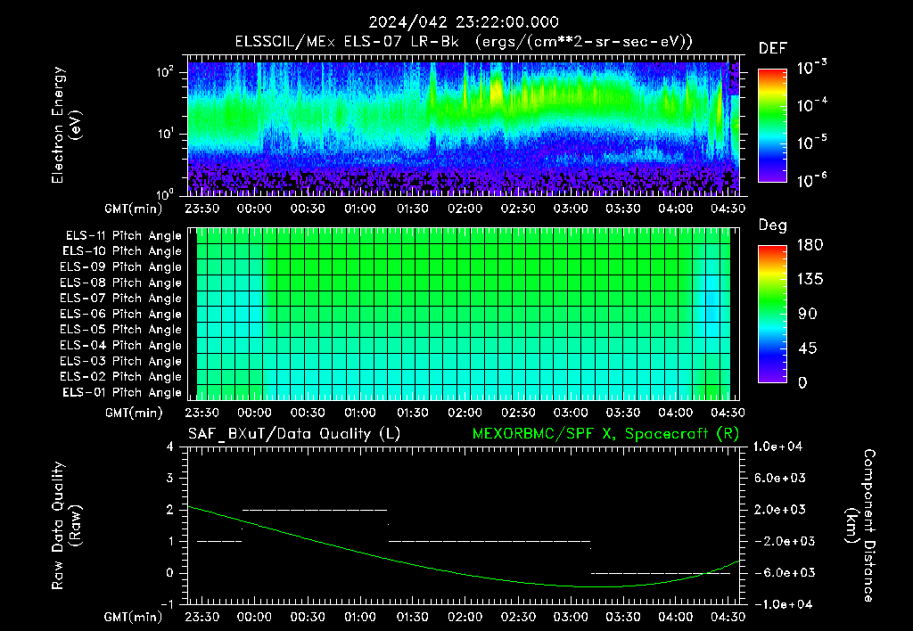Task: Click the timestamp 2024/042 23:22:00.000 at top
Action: (x=464, y=22)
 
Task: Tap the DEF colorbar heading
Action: (x=773, y=48)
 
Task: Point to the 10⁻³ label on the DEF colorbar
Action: (x=811, y=67)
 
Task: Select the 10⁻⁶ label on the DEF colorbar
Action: (x=811, y=180)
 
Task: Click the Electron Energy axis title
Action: (x=66, y=125)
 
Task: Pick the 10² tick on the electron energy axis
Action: (x=165, y=72)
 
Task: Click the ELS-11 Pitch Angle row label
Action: (x=123, y=236)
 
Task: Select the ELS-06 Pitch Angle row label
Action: (x=120, y=315)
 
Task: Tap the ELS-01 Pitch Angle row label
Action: (x=122, y=392)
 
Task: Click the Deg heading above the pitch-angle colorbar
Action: (x=773, y=225)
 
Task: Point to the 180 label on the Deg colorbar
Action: (x=810, y=244)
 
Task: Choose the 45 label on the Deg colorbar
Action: (x=806, y=348)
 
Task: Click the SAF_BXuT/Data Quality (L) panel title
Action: (x=294, y=434)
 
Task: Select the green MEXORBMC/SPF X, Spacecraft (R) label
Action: (x=605, y=434)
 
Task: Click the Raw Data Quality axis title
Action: (x=66, y=526)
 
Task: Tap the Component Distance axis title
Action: (x=860, y=526)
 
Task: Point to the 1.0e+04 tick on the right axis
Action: (x=777, y=447)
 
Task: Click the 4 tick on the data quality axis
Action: (x=169, y=447)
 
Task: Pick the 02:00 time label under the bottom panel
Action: (x=465, y=617)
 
